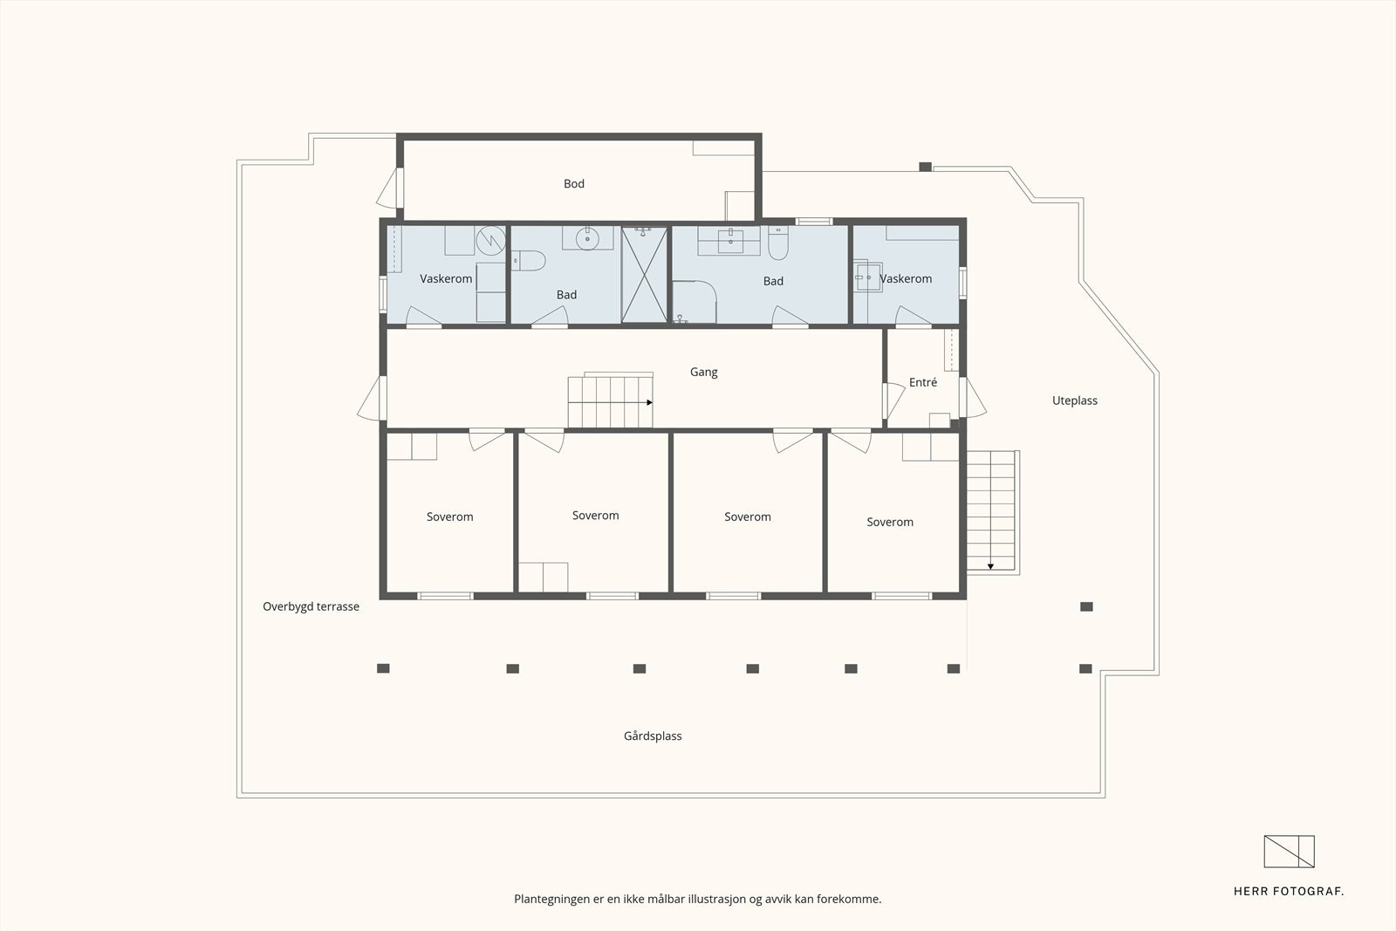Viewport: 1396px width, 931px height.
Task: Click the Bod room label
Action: click(574, 184)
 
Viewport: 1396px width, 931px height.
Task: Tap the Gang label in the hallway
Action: click(703, 372)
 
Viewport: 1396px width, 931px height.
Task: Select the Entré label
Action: click(923, 382)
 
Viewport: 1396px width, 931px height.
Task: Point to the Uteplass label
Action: click(1074, 400)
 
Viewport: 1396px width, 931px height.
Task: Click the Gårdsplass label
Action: click(653, 736)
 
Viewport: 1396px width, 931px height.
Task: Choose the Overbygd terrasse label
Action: click(311, 606)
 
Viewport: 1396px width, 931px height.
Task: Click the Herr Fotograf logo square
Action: click(1289, 852)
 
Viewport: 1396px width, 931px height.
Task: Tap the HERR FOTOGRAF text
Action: click(1288, 891)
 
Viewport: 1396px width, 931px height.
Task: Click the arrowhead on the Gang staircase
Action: click(649, 402)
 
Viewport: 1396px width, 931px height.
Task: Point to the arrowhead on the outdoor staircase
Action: click(990, 566)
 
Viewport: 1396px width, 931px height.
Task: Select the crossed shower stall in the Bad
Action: click(645, 275)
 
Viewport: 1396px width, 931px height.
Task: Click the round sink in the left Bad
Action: click(587, 239)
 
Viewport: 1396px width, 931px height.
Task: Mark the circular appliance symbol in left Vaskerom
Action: click(491, 241)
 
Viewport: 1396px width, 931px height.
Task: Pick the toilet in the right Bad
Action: click(778, 243)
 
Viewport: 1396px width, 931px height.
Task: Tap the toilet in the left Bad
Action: click(529, 261)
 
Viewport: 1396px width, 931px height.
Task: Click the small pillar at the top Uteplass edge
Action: click(926, 167)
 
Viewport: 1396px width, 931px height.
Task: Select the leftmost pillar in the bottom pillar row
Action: click(383, 668)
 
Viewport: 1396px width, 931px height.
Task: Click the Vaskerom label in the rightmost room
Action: click(906, 279)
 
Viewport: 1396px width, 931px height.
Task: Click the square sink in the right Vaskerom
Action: click(867, 277)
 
